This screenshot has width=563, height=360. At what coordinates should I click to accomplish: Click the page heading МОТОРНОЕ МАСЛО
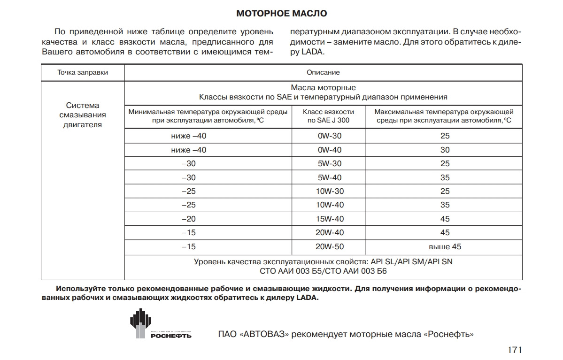click(281, 13)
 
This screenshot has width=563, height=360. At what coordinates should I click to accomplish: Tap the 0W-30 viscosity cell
click(329, 136)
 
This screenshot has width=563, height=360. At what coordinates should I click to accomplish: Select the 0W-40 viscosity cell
click(329, 150)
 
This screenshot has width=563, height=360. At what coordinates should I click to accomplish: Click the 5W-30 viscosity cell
click(329, 164)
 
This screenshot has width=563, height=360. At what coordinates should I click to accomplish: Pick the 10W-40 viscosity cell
click(329, 205)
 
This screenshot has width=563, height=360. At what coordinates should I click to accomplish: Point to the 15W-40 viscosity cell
click(329, 219)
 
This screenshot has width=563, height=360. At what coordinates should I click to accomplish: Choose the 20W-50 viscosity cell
click(329, 246)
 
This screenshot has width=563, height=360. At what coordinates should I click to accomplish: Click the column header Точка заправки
click(83, 73)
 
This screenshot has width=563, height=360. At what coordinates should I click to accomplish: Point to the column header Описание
click(323, 73)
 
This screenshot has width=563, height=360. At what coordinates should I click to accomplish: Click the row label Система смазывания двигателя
click(83, 115)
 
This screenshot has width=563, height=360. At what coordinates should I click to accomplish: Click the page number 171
click(515, 350)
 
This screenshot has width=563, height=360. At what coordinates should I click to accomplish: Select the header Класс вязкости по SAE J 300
click(329, 116)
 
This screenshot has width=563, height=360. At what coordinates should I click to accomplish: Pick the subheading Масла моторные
click(323, 88)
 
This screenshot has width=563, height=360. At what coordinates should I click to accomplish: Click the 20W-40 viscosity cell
click(329, 233)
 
